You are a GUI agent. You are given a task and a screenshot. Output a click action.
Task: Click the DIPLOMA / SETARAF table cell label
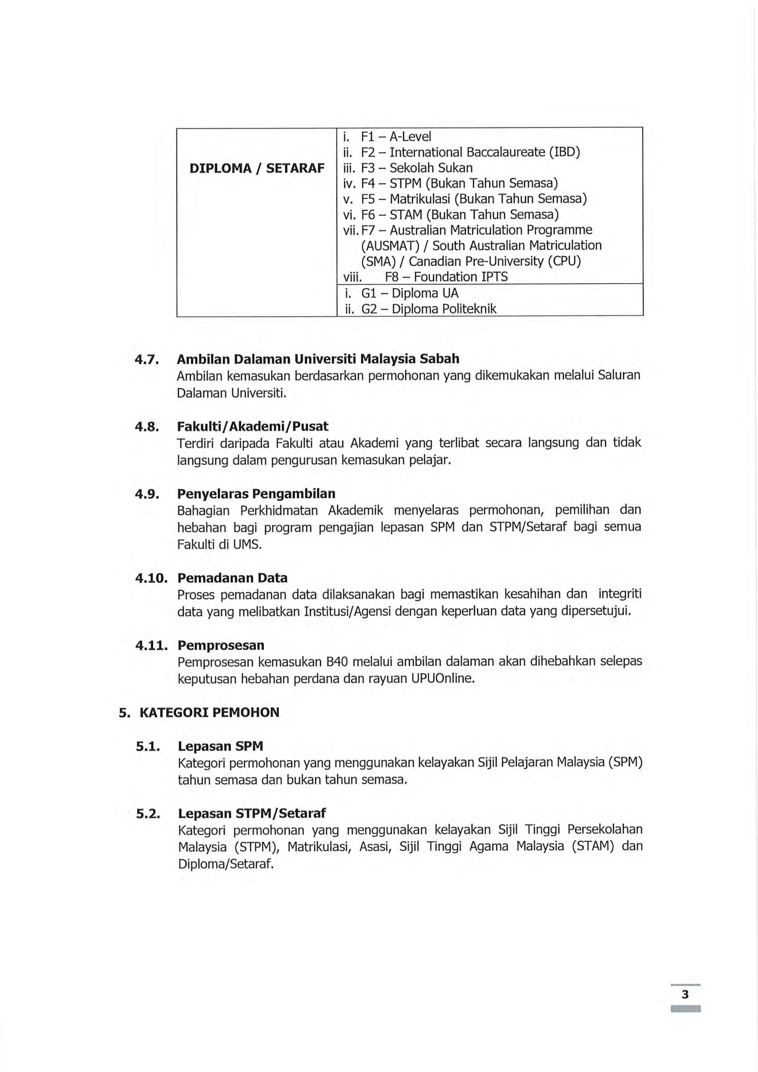click(257, 168)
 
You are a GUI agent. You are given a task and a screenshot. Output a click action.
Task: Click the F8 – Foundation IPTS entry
click(446, 277)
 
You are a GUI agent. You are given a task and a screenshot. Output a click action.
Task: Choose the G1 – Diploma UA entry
click(409, 293)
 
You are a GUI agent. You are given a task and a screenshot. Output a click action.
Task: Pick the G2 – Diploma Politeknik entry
click(428, 308)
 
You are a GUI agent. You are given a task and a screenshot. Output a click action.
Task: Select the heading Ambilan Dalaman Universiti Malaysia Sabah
click(318, 358)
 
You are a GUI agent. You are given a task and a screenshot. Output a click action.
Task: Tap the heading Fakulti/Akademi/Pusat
click(253, 426)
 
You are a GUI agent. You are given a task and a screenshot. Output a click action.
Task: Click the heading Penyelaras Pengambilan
click(256, 494)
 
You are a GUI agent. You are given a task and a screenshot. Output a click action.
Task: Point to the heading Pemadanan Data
click(232, 578)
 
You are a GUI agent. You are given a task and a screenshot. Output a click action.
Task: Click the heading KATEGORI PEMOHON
click(209, 713)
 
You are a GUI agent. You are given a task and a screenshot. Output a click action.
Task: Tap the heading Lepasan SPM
click(220, 746)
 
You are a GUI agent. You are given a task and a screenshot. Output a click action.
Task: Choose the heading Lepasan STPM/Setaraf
click(252, 814)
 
